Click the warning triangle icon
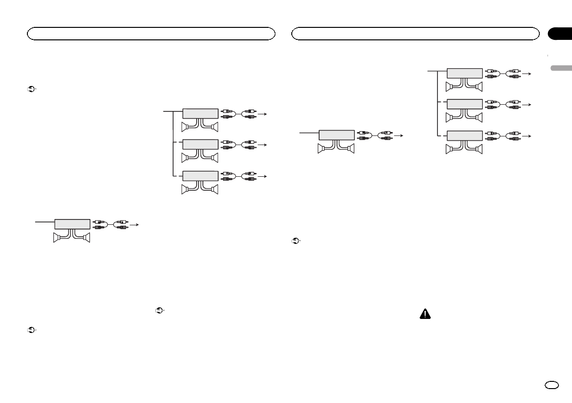coord(425,314)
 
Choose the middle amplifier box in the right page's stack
coord(465,104)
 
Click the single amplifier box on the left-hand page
coord(72,224)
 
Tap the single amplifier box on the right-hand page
coord(337,135)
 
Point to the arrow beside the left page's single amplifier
coord(136,224)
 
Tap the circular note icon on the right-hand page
coord(295,241)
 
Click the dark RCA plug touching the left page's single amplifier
coord(98,227)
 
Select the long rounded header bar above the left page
coord(151,34)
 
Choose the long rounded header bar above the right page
coord(416,34)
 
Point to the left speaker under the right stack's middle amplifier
coord(450,117)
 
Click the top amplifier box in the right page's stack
coord(465,73)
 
